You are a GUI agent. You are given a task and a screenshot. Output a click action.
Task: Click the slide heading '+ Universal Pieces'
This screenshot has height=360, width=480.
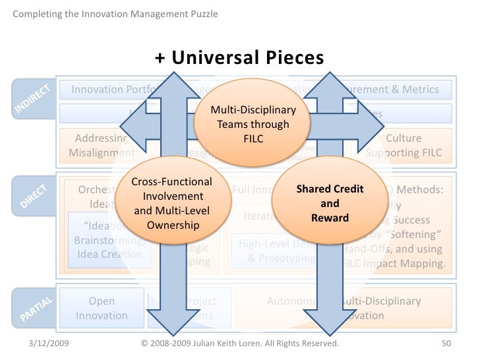pos(239,58)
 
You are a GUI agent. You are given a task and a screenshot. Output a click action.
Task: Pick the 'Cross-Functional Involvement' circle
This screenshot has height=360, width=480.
pos(172,203)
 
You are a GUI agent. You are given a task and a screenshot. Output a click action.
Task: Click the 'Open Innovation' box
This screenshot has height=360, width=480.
pos(102,308)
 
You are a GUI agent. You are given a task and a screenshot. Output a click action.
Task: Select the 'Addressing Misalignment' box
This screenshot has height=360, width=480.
pos(101,146)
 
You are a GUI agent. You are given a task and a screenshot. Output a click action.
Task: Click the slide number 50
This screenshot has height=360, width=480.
pos(446,344)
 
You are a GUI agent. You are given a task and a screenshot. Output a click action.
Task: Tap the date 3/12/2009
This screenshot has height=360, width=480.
pos(51,344)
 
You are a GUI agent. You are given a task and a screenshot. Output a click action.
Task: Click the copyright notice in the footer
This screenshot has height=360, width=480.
pos(241,344)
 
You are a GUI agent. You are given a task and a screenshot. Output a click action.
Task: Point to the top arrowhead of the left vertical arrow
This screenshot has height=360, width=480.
pos(169,78)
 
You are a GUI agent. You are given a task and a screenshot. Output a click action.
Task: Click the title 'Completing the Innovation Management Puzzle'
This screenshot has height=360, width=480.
pos(115,14)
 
